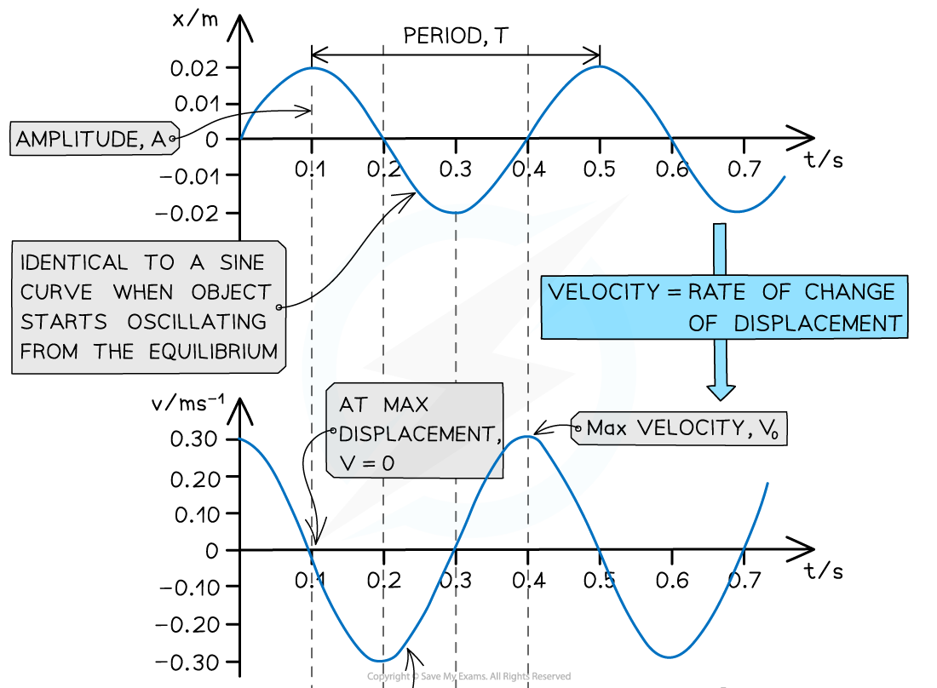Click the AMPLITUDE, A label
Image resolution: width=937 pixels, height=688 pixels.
[x=92, y=140]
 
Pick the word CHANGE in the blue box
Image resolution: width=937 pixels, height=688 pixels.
[x=850, y=292]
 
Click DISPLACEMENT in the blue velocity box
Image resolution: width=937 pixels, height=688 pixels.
[x=818, y=324]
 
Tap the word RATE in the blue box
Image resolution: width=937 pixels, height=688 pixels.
[x=716, y=292]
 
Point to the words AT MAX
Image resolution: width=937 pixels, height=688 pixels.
[x=383, y=404]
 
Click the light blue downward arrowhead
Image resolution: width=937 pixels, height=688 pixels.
[x=721, y=391]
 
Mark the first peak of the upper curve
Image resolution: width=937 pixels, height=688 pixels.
[x=313, y=68]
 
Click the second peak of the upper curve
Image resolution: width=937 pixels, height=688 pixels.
[x=601, y=68]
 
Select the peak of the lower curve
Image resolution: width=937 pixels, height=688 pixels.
[x=528, y=437]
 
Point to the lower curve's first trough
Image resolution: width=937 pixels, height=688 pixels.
[x=382, y=660]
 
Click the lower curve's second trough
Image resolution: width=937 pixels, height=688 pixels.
[x=671, y=656]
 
